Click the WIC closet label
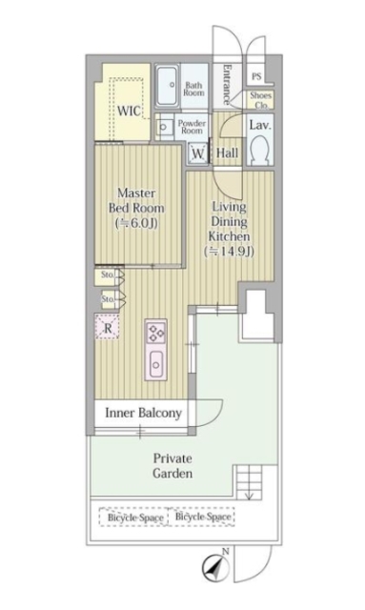pos(130,111)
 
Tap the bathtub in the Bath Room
pos(168,86)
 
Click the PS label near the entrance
pos(256,76)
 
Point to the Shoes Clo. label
pos(261,100)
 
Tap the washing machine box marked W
pos(198,152)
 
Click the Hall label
pos(227,152)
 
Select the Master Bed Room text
pos(136,200)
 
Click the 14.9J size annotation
pos(230,252)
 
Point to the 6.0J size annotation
pos(136,223)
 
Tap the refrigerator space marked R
pos(108,326)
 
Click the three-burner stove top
pos(156,334)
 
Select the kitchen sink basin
pos(156,364)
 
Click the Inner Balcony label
pos(144,413)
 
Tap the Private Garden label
pos(172,466)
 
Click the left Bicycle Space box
pos(133,518)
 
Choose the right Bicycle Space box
pos(203,517)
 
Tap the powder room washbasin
pos(163,127)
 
